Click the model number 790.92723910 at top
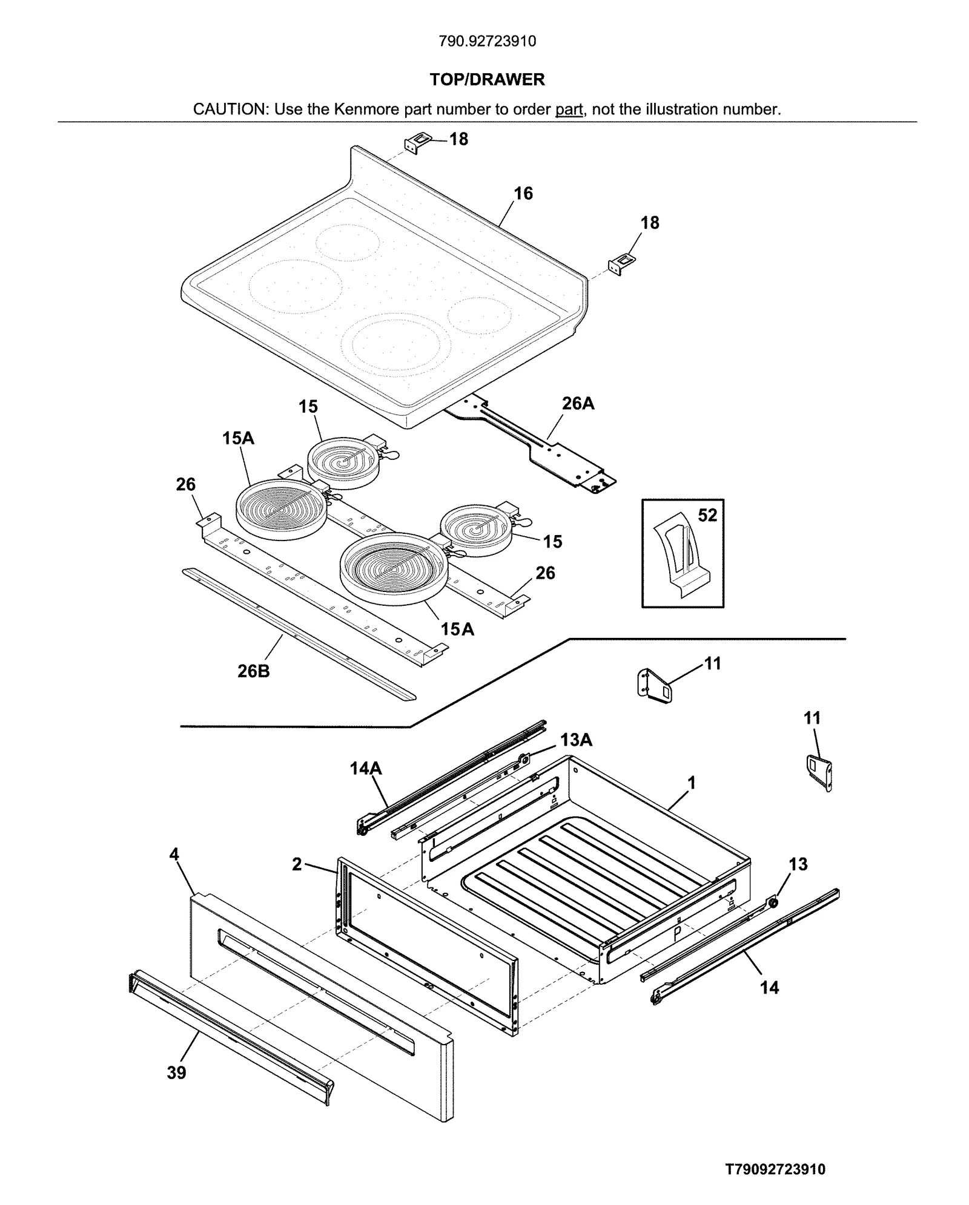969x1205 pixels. pyautogui.click(x=487, y=41)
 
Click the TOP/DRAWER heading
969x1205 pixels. pyautogui.click(x=487, y=79)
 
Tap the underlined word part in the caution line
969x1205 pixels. pyautogui.click(x=569, y=110)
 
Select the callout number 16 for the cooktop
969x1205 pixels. pyautogui.click(x=523, y=193)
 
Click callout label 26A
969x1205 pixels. pyautogui.click(x=578, y=403)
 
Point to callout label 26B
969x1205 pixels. pyautogui.click(x=253, y=671)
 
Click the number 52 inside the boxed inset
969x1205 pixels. pyautogui.click(x=707, y=515)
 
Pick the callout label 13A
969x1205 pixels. pyautogui.click(x=576, y=740)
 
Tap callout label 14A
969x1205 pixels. pyautogui.click(x=366, y=768)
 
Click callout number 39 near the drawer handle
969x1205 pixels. pyautogui.click(x=176, y=1072)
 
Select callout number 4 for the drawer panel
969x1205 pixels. pyautogui.click(x=174, y=854)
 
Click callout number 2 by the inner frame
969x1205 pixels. pyautogui.click(x=297, y=864)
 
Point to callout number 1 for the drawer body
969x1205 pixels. pyautogui.click(x=691, y=783)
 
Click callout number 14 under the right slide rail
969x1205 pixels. pyautogui.click(x=769, y=987)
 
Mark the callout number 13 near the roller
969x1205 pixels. pyautogui.click(x=798, y=864)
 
